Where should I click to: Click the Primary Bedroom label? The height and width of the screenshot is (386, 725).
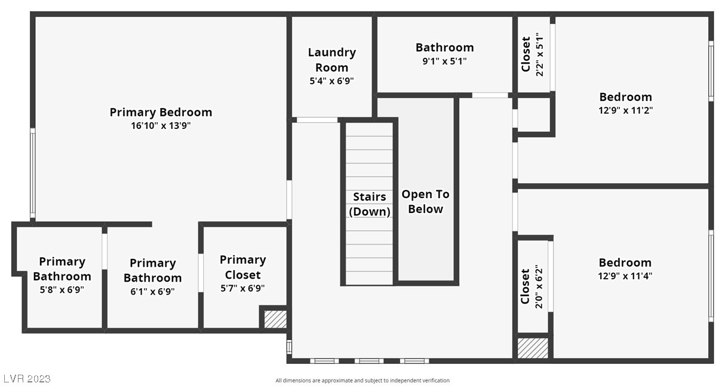coord(161,112)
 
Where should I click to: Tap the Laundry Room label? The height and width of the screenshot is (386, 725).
coord(331,60)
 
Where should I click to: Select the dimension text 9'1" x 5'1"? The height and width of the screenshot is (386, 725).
coord(444,61)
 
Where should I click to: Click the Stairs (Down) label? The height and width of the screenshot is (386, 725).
coord(370,204)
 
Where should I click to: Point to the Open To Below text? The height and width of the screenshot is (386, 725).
coord(425,202)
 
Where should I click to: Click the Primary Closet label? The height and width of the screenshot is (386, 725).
coord(242,267)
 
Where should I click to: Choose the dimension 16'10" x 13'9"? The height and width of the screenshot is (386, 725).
coord(161,126)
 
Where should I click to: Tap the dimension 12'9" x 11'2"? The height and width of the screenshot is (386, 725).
coord(625,110)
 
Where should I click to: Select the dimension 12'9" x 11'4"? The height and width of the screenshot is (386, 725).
coord(625,276)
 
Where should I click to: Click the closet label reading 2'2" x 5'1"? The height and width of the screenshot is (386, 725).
coord(533,55)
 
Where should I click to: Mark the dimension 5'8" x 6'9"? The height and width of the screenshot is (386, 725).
coord(62,290)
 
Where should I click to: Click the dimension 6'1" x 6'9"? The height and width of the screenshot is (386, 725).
coord(152,292)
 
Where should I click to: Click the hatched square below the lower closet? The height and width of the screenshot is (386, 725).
coord(532,348)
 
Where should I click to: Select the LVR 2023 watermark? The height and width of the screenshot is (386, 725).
coord(27,379)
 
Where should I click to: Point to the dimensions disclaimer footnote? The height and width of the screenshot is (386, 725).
coord(362,381)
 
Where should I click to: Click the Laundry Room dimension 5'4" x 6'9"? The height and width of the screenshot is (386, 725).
coord(331,81)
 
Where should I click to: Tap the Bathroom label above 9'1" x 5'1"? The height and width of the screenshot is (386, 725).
coord(444,47)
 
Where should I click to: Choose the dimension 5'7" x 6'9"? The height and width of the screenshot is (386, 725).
coord(242,288)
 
